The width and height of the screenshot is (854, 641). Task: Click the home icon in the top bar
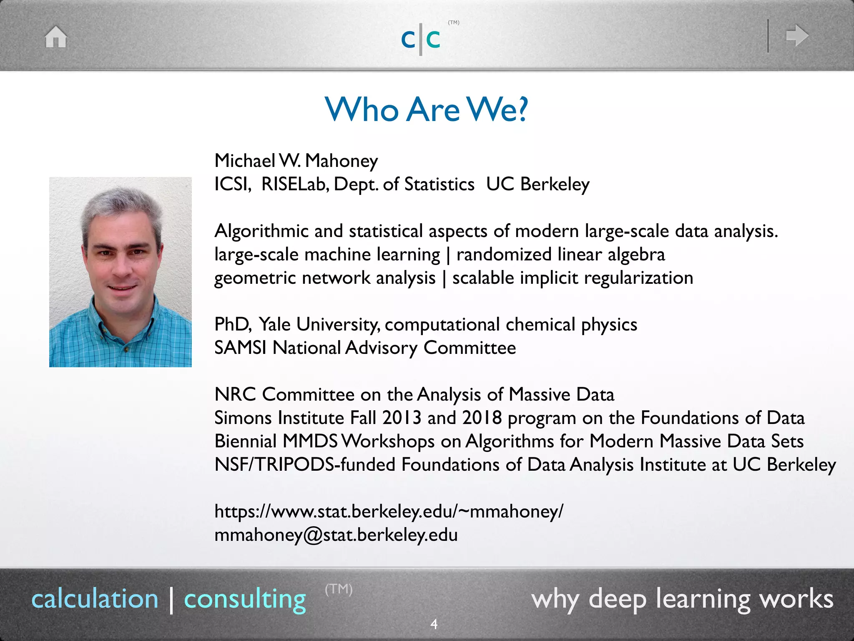coord(56,37)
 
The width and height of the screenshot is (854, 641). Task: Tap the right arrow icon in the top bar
coord(797,35)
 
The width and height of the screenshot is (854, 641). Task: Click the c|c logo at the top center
coord(421,39)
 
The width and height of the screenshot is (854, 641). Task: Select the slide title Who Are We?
coord(426,109)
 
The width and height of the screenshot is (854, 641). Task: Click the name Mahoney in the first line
coord(342,161)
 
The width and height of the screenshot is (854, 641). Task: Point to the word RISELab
coord(295,184)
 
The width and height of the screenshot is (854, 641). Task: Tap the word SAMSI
coord(240,348)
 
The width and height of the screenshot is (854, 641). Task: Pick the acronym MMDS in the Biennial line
coord(310,441)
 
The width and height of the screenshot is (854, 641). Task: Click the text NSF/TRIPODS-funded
coord(304,464)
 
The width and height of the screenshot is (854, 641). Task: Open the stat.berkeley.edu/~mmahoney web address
coord(389,511)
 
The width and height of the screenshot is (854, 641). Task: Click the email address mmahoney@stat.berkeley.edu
coord(336,535)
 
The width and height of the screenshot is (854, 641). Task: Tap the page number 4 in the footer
coord(434,624)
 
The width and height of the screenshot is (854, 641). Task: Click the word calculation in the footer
coord(95,599)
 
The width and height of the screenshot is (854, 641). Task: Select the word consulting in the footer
coord(245,599)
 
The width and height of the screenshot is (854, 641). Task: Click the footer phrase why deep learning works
coord(682,599)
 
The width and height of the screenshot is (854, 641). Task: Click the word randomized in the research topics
coord(504,255)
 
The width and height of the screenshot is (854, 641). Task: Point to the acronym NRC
coord(235,394)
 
